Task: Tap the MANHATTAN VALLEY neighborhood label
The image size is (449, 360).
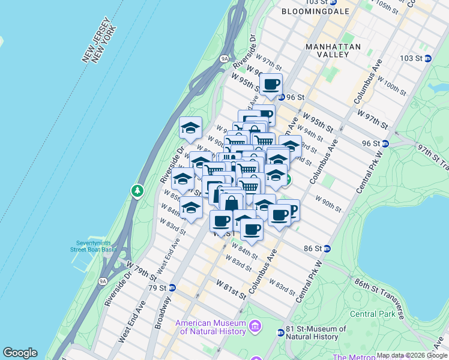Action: point(333,50)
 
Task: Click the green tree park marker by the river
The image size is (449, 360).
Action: point(138,191)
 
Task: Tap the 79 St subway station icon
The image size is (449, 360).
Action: point(172,287)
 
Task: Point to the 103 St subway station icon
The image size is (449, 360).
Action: point(429,59)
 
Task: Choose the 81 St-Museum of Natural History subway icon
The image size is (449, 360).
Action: point(280,332)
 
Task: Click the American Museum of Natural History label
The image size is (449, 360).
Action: point(211,327)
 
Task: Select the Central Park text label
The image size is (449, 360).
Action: point(372,314)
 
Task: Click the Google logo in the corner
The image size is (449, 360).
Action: point(20,353)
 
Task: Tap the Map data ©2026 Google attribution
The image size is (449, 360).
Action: point(412,355)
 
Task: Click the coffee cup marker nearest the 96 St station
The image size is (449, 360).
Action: point(271,85)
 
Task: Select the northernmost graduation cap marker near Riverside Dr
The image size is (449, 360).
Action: point(190,128)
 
